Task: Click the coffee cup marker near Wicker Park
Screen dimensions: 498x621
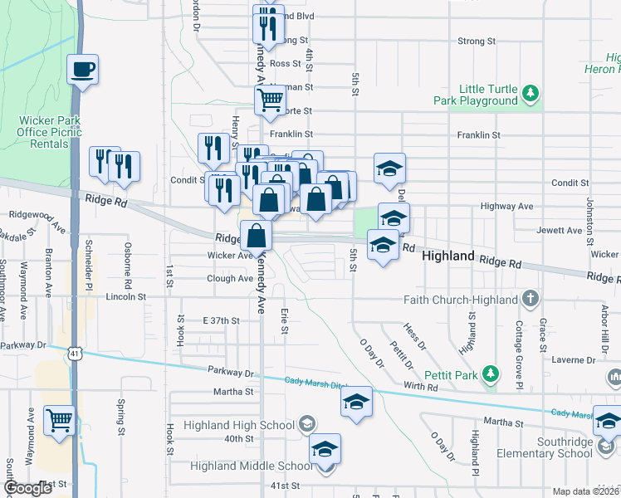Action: [84, 69]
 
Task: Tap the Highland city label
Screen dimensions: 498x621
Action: [448, 257]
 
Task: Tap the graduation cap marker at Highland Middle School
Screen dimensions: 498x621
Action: [325, 449]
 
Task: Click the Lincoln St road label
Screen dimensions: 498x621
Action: [125, 296]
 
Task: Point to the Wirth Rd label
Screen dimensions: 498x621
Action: [421, 387]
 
